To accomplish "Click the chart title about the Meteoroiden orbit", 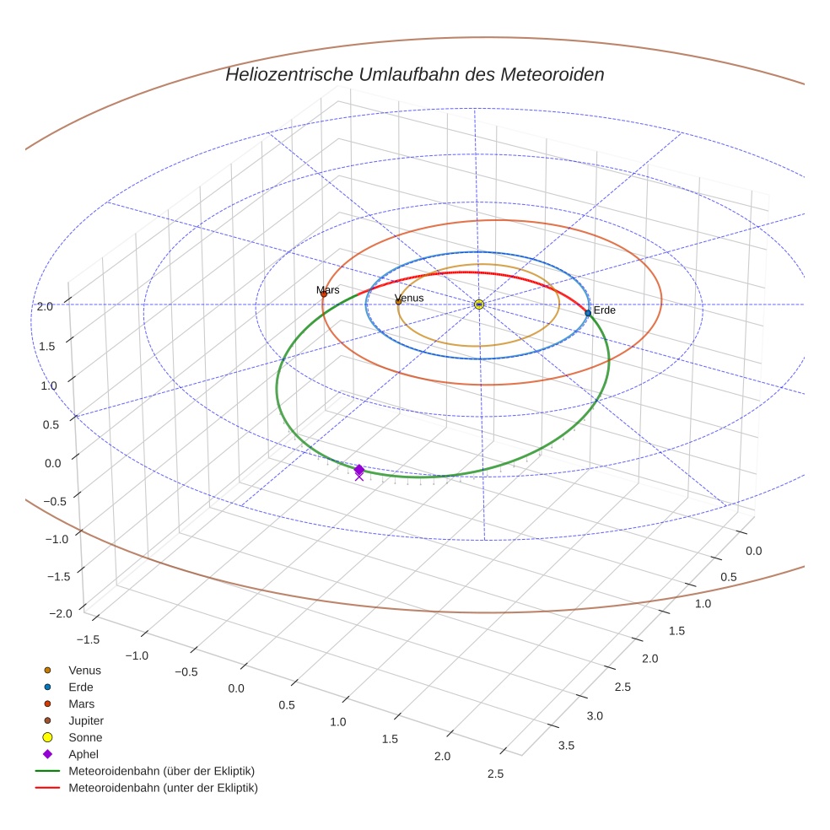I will click(414, 74).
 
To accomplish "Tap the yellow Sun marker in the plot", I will click(479, 304).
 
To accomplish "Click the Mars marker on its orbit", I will click(323, 294).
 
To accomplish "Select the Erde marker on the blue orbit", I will click(588, 313).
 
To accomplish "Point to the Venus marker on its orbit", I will click(398, 301).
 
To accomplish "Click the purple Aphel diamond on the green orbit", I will click(359, 470).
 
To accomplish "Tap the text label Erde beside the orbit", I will click(605, 310).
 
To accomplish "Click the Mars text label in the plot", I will click(328, 290).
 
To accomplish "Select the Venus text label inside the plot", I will click(410, 299).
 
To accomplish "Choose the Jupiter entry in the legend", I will click(86, 720).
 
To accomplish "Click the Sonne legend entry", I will click(85, 737).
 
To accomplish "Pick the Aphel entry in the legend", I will click(84, 754).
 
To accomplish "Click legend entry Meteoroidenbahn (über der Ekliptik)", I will click(161, 771).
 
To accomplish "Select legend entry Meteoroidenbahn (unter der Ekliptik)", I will click(163, 788).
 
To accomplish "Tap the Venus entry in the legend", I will click(84, 670).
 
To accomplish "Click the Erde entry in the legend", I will click(81, 687).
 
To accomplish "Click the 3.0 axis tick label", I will click(594, 715).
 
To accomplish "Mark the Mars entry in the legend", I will click(82, 703).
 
